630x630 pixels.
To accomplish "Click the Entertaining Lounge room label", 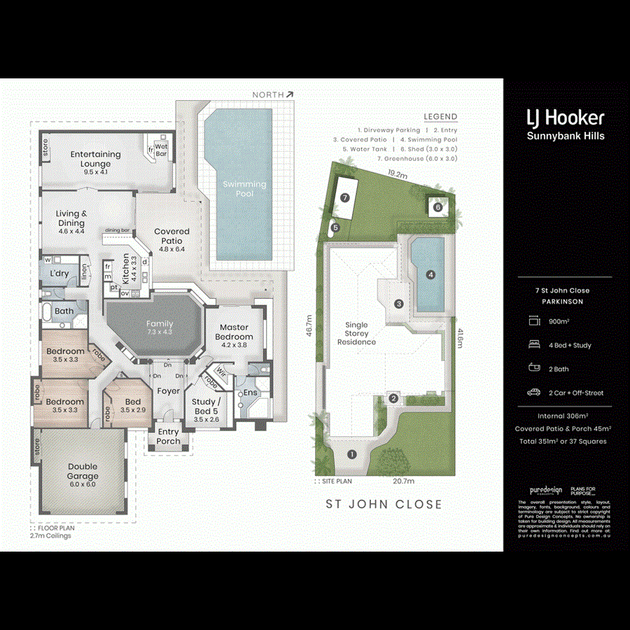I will [95, 159].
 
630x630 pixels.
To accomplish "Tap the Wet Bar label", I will [161, 150].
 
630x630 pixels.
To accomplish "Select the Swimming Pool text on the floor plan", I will [244, 188].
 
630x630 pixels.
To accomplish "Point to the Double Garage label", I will [83, 471].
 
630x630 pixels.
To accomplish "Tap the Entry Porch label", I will [168, 437].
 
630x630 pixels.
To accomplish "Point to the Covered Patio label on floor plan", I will [171, 236].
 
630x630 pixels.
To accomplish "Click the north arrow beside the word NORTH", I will [290, 94].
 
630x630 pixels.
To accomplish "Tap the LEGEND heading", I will [440, 117].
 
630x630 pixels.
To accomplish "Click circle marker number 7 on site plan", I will [344, 198].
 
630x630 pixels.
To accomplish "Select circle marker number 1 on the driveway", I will [352, 454].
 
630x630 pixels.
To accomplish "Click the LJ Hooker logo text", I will [565, 118].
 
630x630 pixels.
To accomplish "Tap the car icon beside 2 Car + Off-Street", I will [534, 393].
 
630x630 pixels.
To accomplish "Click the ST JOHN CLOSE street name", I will [384, 504].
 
